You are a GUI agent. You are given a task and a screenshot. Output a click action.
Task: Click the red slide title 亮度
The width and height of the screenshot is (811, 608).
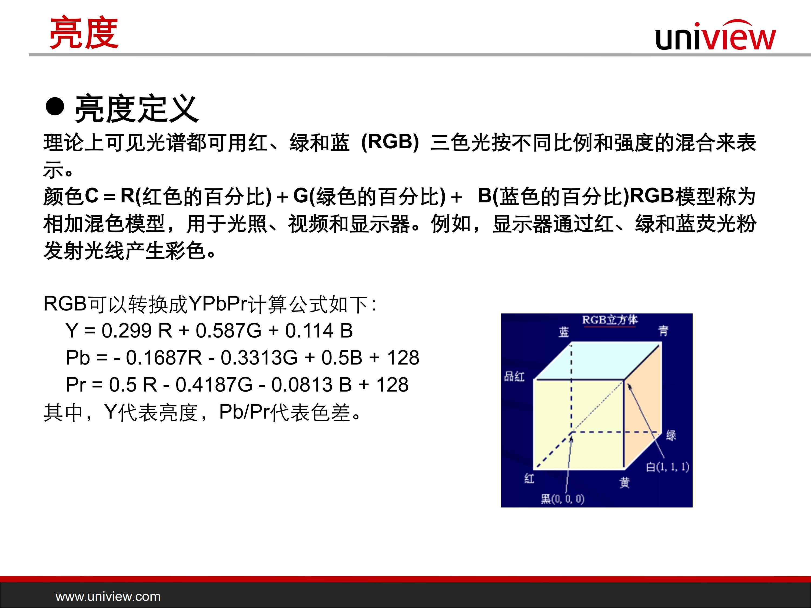point(84,33)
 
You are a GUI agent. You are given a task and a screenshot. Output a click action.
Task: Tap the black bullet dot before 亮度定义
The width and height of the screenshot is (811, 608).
point(55,107)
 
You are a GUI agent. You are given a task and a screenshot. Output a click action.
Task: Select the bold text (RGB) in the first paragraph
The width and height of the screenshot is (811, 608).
point(390,142)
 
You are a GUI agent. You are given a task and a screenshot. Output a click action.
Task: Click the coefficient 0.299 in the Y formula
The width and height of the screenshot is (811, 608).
point(126,330)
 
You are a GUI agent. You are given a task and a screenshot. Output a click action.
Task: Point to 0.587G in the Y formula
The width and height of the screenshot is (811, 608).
point(228,330)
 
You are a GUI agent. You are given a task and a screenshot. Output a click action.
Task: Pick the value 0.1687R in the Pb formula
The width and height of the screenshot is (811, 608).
point(164,358)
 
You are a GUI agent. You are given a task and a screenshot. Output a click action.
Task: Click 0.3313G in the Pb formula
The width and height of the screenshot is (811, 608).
point(259,358)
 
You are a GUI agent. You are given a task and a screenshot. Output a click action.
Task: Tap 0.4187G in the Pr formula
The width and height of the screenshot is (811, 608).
point(214,385)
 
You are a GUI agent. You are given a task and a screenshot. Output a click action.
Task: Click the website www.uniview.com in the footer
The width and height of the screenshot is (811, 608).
point(108,596)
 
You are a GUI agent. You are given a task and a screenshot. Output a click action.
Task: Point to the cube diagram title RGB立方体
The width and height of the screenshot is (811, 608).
point(610,320)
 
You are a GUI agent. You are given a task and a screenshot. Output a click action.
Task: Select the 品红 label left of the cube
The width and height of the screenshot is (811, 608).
point(514,376)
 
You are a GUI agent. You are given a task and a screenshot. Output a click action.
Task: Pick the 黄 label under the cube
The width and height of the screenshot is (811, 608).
point(625,483)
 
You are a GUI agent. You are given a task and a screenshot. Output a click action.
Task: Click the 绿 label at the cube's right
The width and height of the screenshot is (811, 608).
point(671,435)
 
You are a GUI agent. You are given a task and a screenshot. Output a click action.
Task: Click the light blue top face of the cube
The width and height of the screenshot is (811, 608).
point(598,361)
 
